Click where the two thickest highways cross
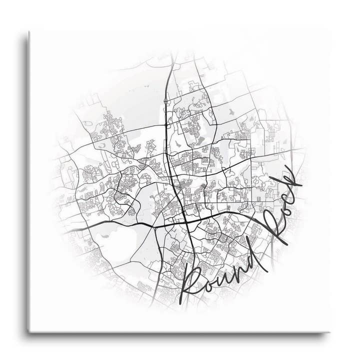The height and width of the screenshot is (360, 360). pyautogui.click(x=185, y=223)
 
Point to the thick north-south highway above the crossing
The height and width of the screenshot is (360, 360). pyautogui.click(x=169, y=125)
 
